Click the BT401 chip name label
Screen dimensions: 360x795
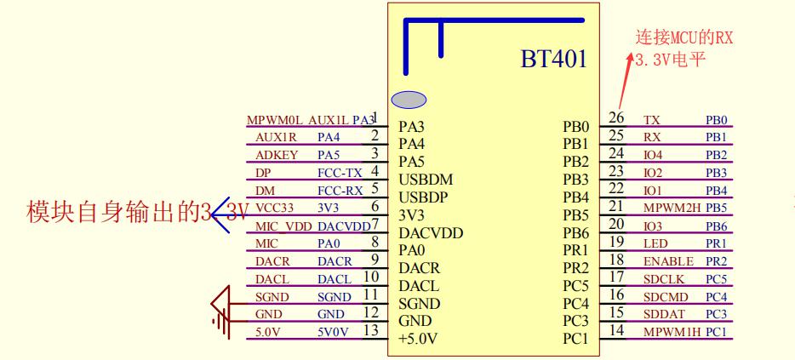pos(554,62)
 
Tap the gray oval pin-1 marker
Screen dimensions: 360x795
pos(409,100)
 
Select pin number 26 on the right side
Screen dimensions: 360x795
pos(617,117)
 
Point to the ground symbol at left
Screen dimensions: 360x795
pos(220,307)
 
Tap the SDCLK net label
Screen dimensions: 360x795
pos(661,277)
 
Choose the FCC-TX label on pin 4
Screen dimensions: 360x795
pos(340,173)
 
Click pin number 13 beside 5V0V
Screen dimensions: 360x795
pos(370,329)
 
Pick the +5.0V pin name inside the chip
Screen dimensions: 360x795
pos(416,339)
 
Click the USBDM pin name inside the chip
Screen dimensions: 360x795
pos(425,180)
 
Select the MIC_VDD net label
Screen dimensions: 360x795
pos(284,226)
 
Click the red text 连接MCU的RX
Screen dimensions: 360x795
pos(684,37)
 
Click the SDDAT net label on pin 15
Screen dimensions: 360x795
pos(661,313)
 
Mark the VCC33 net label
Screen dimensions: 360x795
pos(275,208)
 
